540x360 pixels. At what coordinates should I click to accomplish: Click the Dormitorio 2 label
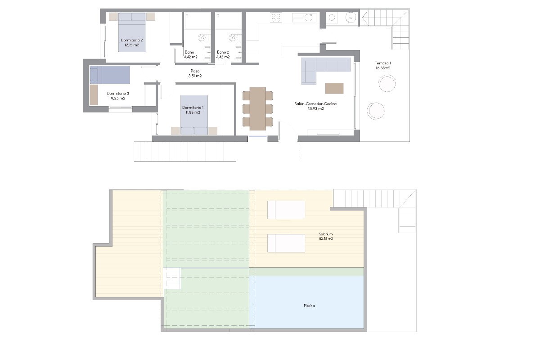(131, 40)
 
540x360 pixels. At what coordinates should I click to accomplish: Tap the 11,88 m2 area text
(193, 112)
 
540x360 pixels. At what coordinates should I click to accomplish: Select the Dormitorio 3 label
(118, 93)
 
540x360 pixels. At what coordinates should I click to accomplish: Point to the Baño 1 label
(191, 52)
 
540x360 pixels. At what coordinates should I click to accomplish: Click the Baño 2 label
(223, 52)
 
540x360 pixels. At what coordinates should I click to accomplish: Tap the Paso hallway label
(195, 71)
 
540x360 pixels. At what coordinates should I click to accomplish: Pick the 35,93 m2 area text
(315, 108)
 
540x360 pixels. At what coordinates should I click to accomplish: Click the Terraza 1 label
(383, 63)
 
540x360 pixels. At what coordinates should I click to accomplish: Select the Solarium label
(326, 234)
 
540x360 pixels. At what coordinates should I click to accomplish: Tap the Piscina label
(309, 306)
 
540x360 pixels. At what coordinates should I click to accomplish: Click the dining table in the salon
(258, 109)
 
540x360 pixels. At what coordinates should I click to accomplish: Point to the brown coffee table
(334, 88)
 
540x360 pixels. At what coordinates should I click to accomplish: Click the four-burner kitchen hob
(276, 18)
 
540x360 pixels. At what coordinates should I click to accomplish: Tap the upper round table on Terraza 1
(387, 83)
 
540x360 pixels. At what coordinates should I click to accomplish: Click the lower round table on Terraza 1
(376, 111)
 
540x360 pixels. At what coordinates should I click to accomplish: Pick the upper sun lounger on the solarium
(286, 210)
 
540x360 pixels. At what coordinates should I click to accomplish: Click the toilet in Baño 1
(203, 38)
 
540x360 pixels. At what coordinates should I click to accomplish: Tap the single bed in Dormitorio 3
(110, 75)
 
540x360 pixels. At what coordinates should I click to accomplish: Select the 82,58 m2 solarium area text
(326, 238)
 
